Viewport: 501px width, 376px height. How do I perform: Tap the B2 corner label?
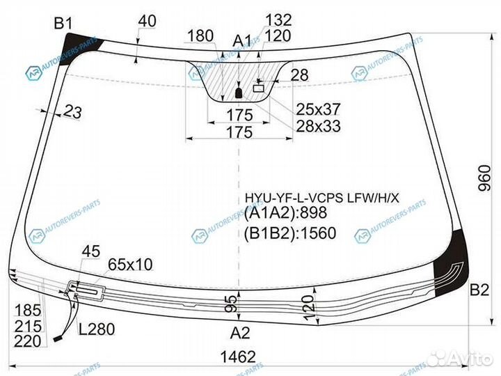479,290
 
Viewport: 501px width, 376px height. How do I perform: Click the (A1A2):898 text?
285,214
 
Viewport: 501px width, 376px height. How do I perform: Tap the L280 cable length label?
96,329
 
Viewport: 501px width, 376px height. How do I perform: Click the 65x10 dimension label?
130,264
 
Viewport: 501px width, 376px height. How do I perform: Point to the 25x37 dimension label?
318,109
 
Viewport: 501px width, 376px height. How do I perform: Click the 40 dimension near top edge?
148,22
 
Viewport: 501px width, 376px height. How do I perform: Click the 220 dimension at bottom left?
26,341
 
